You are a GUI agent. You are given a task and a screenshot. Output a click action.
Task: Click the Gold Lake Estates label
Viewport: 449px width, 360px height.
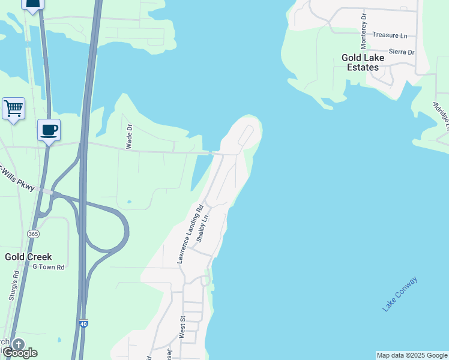point(360,62)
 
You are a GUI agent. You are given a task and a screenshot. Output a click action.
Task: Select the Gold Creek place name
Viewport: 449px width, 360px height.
point(28,256)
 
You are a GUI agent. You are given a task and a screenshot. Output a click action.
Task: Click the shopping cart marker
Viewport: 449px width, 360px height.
point(13,109)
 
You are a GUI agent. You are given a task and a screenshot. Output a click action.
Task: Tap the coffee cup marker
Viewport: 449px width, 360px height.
point(49,130)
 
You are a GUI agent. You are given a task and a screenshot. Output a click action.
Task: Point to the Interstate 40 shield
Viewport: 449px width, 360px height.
point(83,324)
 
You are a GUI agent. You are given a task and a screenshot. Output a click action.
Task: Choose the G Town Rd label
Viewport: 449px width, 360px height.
point(48,266)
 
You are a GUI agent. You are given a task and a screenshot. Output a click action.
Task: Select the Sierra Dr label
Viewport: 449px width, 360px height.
point(402,52)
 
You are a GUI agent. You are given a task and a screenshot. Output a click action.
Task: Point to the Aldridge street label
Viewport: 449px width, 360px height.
point(441,115)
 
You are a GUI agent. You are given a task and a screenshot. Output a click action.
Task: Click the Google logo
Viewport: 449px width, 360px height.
point(20,352)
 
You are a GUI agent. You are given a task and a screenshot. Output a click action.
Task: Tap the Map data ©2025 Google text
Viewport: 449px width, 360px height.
point(412,355)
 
